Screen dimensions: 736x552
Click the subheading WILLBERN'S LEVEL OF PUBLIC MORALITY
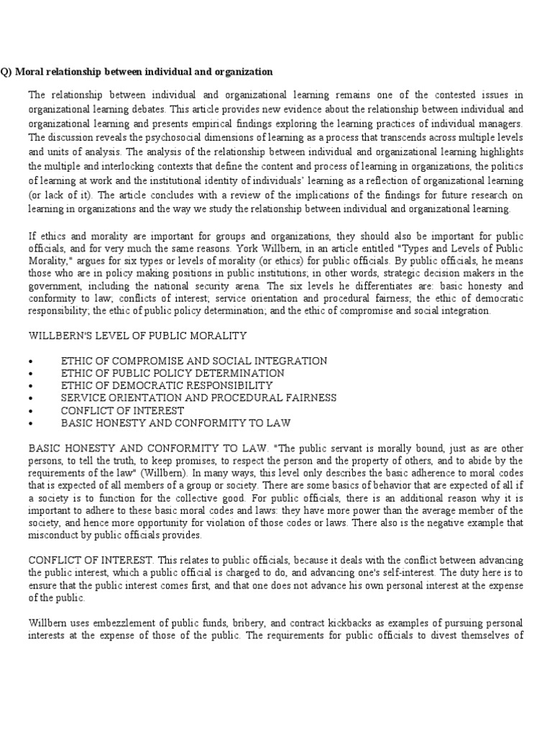tap(137, 336)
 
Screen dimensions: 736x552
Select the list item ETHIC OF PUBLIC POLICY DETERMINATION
tap(172, 373)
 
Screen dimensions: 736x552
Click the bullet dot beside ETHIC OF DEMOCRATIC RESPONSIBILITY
tap(29, 386)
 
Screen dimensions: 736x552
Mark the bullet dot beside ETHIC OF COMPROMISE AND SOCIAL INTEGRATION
tap(29, 361)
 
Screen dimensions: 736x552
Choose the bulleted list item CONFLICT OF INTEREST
tap(122, 410)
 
